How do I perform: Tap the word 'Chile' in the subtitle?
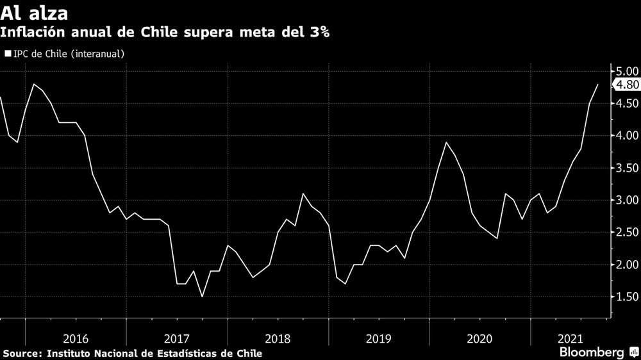tap(164, 32)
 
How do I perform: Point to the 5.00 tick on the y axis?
tap(626, 71)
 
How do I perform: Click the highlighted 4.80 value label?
tap(627, 85)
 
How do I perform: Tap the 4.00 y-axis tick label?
tap(626, 136)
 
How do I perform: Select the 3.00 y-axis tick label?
tap(626, 200)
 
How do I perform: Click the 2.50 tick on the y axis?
tap(626, 233)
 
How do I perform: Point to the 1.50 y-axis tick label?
tap(626, 297)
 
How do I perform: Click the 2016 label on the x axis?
tap(76, 338)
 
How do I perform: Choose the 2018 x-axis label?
tap(278, 338)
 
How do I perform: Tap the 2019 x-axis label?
tap(379, 338)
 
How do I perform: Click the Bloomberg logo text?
tap(592, 352)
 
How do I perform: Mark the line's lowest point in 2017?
tap(203, 297)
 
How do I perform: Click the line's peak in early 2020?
tap(447, 142)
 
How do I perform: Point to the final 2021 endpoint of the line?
tap(598, 85)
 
